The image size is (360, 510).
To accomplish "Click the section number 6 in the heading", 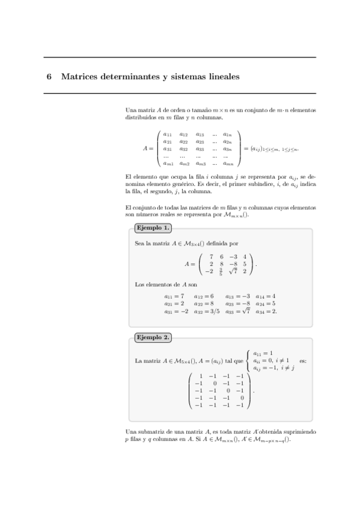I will click(49, 77).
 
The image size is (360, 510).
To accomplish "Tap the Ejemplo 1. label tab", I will click(153, 228).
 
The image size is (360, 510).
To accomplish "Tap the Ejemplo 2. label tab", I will click(153, 337).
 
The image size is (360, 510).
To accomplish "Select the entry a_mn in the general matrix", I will click(228, 163).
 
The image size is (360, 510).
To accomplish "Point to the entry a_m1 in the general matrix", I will click(168, 163).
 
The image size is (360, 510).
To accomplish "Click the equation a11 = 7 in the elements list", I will click(174, 296).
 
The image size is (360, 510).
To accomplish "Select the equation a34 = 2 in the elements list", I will click(266, 311).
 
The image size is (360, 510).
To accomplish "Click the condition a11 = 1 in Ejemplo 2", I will click(264, 353).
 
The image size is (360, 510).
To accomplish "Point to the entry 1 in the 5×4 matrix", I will click(201, 376).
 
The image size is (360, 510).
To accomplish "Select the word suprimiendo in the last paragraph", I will click(301, 432).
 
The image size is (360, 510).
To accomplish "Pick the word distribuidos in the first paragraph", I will click(140, 118).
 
